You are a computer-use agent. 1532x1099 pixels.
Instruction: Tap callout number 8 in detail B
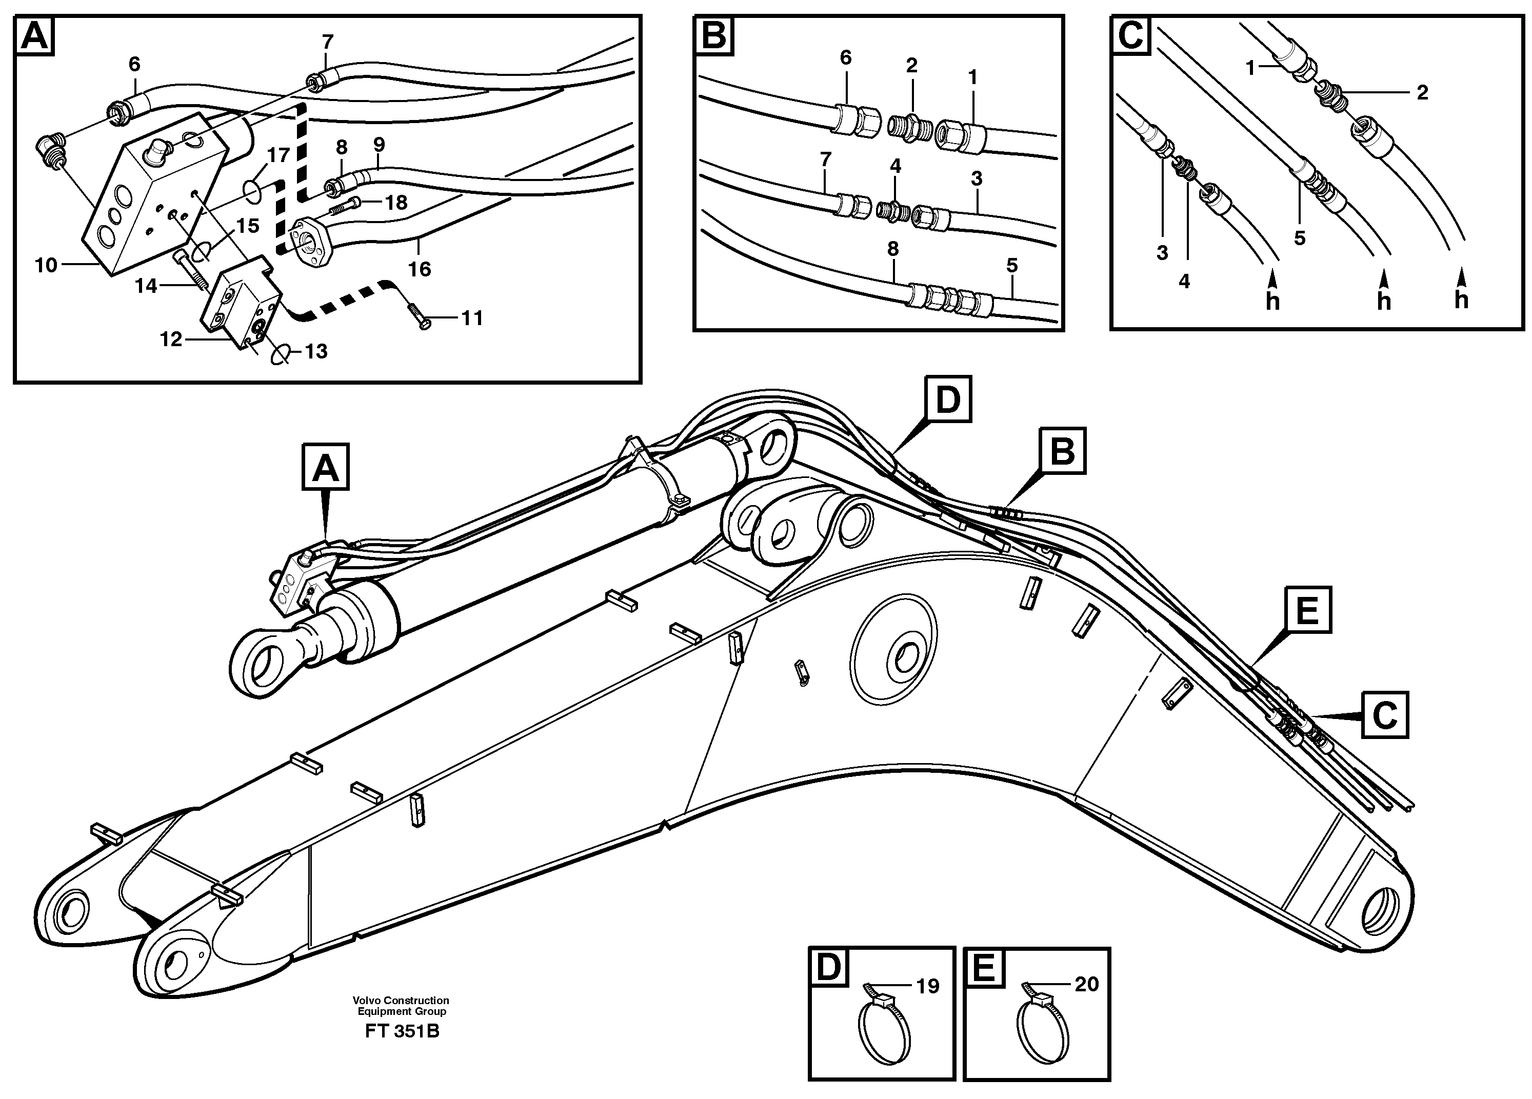pyautogui.click(x=893, y=249)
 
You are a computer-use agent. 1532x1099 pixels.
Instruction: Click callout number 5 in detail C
pyautogui.click(x=1300, y=238)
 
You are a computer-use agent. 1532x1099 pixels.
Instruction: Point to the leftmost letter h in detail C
pyautogui.click(x=1272, y=301)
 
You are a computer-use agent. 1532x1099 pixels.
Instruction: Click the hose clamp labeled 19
pyautogui.click(x=884, y=1025)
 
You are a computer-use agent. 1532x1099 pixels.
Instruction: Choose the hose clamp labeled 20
pyautogui.click(x=1043, y=1025)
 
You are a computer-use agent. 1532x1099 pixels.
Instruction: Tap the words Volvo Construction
pyautogui.click(x=401, y=1001)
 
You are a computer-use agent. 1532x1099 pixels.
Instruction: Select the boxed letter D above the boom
pyautogui.click(x=948, y=400)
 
